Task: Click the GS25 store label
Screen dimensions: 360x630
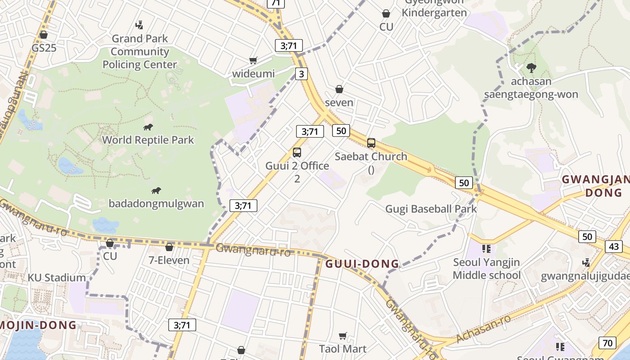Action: point(44,48)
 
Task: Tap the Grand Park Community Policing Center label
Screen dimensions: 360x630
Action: point(139,52)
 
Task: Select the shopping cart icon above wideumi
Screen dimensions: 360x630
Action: point(253,60)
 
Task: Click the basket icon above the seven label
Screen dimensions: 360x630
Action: point(339,90)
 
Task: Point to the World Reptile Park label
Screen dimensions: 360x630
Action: point(148,140)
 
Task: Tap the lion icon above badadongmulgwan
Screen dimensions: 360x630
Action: point(156,191)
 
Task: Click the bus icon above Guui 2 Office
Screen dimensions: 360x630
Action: point(297,153)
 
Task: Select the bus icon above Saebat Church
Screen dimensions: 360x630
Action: point(371,143)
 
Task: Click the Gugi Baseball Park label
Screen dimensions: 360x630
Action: point(431,209)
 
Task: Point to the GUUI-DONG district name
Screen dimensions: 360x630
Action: point(362,264)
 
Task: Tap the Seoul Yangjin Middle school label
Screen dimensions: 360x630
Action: point(486,269)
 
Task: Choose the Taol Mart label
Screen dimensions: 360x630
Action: point(343,349)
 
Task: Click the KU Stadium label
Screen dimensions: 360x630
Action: point(57,278)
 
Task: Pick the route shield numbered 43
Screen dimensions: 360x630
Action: point(614,246)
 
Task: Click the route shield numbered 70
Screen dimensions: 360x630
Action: point(607,343)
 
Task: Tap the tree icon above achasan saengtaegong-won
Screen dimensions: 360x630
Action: point(531,68)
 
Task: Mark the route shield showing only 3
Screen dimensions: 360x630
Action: point(301,73)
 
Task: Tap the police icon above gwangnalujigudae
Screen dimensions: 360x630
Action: point(586,262)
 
